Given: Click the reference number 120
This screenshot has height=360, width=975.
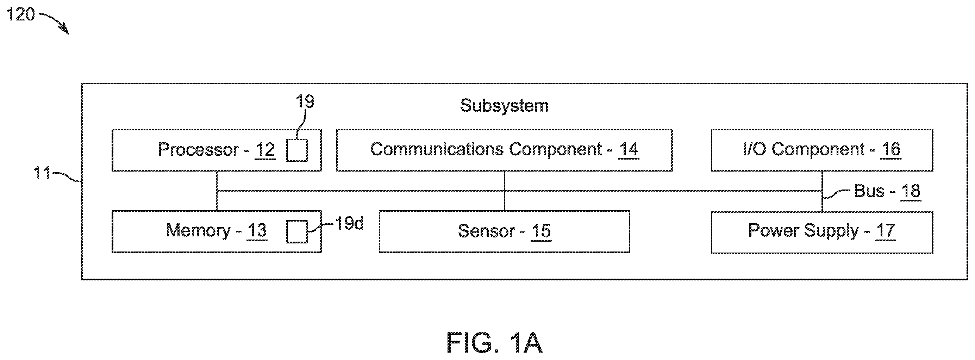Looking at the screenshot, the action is click(x=20, y=15).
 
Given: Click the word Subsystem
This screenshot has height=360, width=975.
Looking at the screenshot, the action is click(x=504, y=106).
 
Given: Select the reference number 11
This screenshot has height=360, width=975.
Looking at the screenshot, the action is click(x=42, y=173).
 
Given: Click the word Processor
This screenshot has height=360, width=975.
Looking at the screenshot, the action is click(x=198, y=149).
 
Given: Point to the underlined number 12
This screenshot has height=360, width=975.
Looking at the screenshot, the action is click(x=265, y=150).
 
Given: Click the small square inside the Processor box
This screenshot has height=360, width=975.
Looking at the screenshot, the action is click(x=296, y=150).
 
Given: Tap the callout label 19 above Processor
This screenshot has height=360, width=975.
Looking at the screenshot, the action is click(x=305, y=101).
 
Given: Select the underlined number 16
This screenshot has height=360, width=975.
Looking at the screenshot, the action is click(x=890, y=150).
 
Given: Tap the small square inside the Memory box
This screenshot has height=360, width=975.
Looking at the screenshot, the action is click(x=296, y=231).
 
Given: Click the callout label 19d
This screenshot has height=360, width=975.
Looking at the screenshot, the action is click(x=349, y=223).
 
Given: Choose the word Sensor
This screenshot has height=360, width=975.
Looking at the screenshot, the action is click(x=486, y=231).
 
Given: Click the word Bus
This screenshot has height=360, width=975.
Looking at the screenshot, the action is click(x=869, y=191).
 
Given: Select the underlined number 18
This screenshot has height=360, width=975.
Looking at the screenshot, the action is click(x=910, y=192).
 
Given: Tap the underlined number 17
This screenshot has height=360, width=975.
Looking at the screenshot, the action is click(x=885, y=231).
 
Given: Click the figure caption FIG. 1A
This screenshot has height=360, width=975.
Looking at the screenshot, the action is click(x=495, y=343).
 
